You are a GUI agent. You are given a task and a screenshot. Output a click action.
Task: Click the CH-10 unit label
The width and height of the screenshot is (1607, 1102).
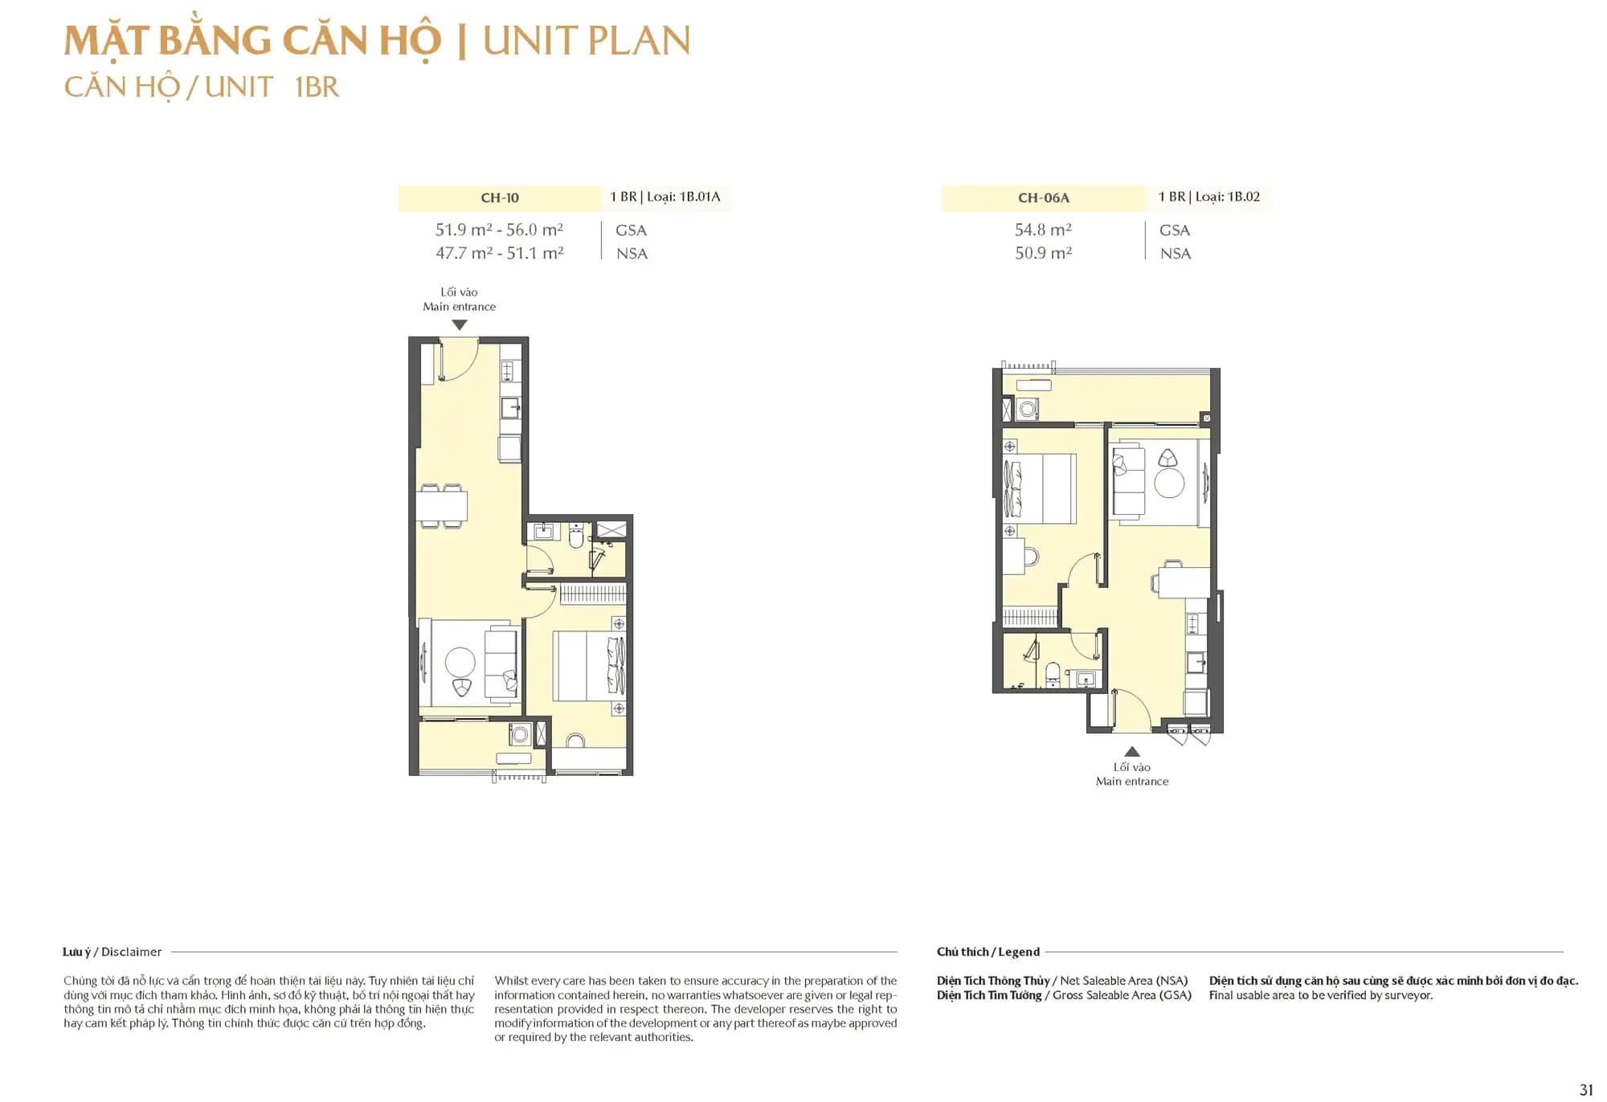click(x=499, y=198)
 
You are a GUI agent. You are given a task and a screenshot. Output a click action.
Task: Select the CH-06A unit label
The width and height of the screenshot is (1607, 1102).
click(x=1043, y=198)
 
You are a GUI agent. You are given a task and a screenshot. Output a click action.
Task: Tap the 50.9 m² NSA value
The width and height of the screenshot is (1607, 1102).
click(x=1043, y=253)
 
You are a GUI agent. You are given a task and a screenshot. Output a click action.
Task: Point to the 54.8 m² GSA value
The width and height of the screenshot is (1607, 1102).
click(x=1043, y=230)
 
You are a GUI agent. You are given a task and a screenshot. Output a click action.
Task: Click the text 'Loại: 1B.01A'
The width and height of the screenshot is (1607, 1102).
click(x=683, y=197)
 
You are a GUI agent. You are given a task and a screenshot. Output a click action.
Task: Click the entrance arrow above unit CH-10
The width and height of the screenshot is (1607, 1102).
click(x=459, y=325)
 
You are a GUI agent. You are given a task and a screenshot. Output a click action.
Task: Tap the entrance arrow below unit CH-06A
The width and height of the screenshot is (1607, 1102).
click(x=1131, y=752)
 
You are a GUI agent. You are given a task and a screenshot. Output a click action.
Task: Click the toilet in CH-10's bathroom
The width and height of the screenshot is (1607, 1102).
click(x=576, y=536)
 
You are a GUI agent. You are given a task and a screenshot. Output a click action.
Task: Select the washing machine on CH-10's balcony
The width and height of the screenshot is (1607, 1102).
click(x=520, y=733)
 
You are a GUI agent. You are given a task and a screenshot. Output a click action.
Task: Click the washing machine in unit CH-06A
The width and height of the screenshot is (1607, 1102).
click(x=1028, y=410)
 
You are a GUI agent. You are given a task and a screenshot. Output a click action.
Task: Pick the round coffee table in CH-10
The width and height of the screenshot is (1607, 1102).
click(x=460, y=662)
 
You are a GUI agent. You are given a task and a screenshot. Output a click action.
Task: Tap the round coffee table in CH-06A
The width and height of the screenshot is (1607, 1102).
click(x=1169, y=484)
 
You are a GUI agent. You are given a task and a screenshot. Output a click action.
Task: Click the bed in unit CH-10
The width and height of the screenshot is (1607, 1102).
click(x=588, y=666)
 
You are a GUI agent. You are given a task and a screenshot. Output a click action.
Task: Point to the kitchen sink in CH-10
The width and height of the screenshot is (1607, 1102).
click(x=509, y=408)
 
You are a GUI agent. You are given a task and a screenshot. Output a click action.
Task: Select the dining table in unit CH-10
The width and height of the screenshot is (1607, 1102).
click(x=441, y=506)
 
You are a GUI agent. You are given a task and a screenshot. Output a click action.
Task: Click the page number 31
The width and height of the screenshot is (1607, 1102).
click(x=1585, y=1089)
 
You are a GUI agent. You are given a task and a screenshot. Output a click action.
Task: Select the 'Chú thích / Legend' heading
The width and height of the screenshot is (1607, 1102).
click(x=988, y=952)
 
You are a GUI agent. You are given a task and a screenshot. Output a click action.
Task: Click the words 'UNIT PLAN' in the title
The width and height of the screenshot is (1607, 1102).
click(x=586, y=41)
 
